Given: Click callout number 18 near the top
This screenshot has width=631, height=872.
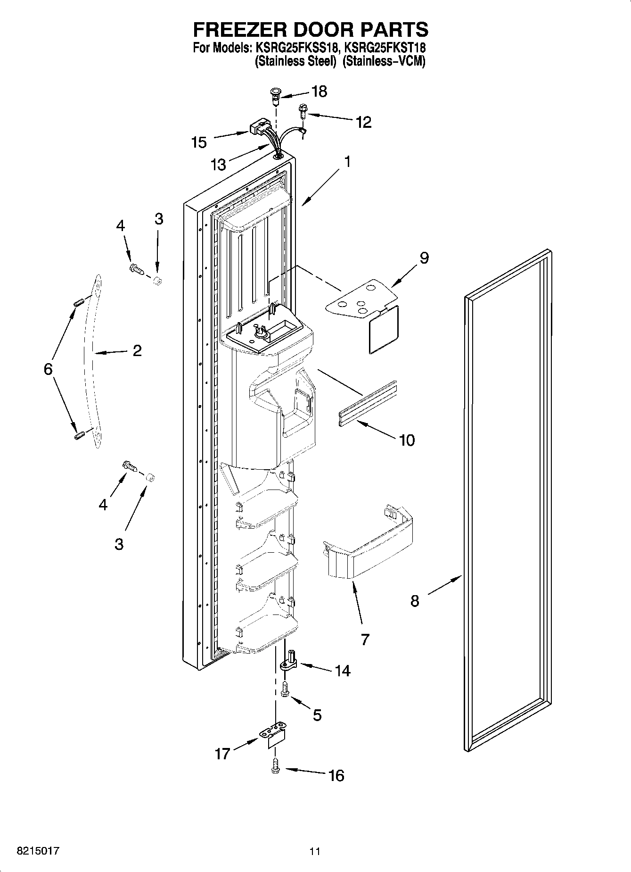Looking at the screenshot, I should pyautogui.click(x=319, y=91).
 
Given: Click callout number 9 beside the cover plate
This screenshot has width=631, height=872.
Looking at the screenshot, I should pyautogui.click(x=424, y=258).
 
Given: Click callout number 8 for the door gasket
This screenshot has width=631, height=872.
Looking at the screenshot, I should pyautogui.click(x=415, y=601).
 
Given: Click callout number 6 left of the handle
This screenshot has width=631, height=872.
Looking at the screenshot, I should pyautogui.click(x=48, y=369).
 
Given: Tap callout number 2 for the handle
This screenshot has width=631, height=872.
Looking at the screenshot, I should pyautogui.click(x=137, y=350).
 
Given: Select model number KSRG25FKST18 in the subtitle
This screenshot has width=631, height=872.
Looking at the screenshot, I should pyautogui.click(x=385, y=48).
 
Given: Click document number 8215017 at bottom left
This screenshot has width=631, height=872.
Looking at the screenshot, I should pyautogui.click(x=38, y=851).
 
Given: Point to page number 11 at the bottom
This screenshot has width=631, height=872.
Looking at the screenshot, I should pyautogui.click(x=315, y=851).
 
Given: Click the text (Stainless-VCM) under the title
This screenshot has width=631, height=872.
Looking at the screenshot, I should pyautogui.click(x=384, y=61).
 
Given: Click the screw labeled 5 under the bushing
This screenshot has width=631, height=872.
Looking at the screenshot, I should pyautogui.click(x=285, y=689).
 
